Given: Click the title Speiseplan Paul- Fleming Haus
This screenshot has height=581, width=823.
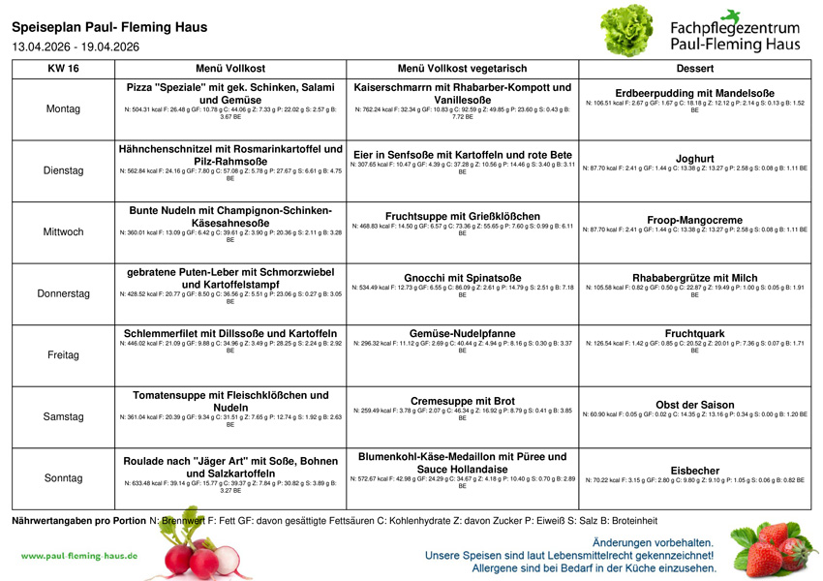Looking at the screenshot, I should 109,27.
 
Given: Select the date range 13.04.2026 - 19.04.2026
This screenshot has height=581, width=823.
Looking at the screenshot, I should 76,46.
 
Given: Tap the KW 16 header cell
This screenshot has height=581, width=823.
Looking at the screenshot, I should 63,69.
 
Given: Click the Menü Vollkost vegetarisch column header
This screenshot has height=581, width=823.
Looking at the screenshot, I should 462,69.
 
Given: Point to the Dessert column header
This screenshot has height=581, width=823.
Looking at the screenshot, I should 695,69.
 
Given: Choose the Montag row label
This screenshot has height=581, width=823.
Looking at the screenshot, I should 63,109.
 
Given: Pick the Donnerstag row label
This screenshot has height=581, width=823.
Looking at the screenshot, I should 63,293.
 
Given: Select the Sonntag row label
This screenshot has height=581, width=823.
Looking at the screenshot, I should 63,478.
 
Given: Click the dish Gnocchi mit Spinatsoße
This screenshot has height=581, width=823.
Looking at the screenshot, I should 462,278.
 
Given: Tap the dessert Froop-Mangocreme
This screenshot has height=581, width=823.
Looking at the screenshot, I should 695,220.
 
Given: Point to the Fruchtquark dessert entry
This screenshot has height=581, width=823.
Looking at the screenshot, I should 695,334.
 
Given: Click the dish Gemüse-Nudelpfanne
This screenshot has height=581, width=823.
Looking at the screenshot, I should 462,334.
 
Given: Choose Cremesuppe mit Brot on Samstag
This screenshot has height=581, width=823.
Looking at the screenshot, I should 462,401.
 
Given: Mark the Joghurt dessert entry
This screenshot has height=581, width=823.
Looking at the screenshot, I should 695,159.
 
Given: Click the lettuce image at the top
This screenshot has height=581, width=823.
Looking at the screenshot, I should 628,31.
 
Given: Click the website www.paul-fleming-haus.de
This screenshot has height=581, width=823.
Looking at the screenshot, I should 79,556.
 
